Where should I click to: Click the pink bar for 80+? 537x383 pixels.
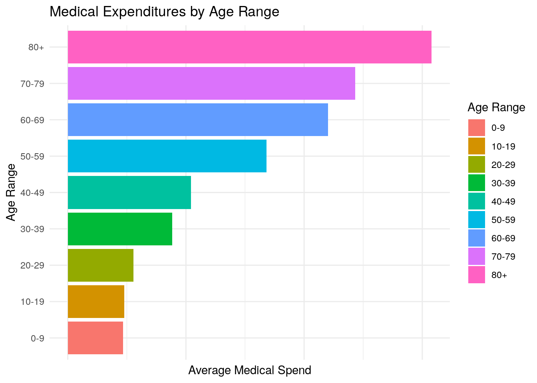click(x=249, y=47)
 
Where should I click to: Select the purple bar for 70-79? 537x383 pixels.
click(x=211, y=83)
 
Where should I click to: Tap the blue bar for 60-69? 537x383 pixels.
click(x=198, y=120)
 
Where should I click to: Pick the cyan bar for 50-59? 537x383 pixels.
click(x=167, y=156)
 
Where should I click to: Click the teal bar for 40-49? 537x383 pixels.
click(x=129, y=192)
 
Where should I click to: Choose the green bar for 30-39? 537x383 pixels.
click(x=120, y=229)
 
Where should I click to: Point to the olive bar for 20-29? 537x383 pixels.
click(x=101, y=265)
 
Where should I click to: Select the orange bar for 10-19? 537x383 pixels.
click(x=96, y=302)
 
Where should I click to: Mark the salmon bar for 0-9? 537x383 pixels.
click(x=95, y=338)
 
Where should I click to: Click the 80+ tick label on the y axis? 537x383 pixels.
click(x=36, y=47)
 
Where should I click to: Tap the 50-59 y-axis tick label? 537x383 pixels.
click(x=32, y=156)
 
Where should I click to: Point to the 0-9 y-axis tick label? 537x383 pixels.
click(x=37, y=339)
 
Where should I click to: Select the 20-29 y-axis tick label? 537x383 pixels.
click(x=32, y=266)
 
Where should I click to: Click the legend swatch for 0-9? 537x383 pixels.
click(x=477, y=128)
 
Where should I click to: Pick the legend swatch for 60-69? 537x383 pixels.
click(x=477, y=238)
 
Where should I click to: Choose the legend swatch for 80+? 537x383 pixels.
click(x=477, y=275)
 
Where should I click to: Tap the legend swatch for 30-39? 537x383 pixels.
click(x=477, y=183)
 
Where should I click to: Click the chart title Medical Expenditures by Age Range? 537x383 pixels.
click(x=164, y=12)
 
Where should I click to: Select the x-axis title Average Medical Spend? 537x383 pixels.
click(x=249, y=370)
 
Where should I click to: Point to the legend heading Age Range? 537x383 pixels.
click(x=496, y=107)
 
